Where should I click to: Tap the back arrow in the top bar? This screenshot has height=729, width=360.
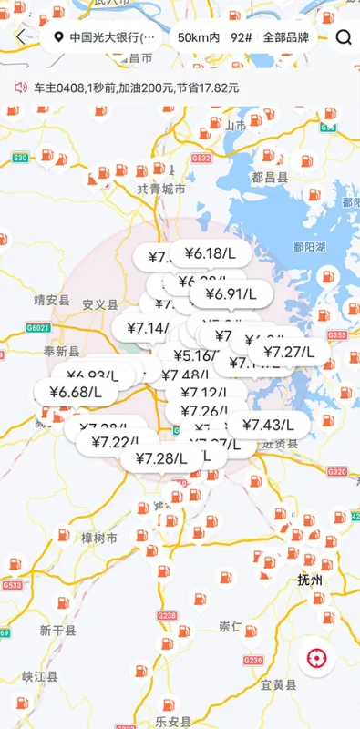21,37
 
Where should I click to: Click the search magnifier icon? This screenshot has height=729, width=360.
344,37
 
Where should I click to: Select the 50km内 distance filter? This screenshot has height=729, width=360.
199,37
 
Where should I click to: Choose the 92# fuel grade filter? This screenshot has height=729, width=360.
241,37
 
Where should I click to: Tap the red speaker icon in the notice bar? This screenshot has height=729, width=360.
21,87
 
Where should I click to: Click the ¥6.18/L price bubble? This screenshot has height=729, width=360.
210,252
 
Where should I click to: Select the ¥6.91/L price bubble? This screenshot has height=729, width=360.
231,293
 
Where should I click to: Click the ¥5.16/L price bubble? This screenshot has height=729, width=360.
193,355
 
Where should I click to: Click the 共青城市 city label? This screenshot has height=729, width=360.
160,189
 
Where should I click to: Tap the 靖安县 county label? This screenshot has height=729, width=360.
52,299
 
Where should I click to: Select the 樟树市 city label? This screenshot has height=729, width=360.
98,539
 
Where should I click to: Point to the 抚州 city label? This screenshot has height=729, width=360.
310,580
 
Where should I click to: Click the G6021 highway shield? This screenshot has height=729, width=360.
38,327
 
